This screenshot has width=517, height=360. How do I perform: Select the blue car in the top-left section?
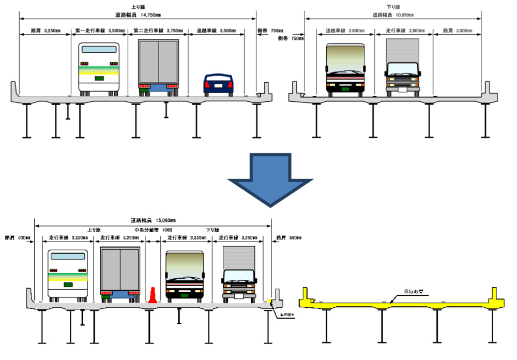(219, 84)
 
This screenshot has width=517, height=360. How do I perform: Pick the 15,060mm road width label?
(153, 220)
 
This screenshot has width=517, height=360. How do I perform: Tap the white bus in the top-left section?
(98, 69)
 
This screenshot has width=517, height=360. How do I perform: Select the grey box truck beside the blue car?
(158, 67)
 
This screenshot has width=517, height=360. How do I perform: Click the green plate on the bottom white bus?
(68, 284)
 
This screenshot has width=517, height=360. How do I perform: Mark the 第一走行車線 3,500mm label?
(99, 31)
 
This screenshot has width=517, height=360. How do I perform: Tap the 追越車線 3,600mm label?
(342, 31)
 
